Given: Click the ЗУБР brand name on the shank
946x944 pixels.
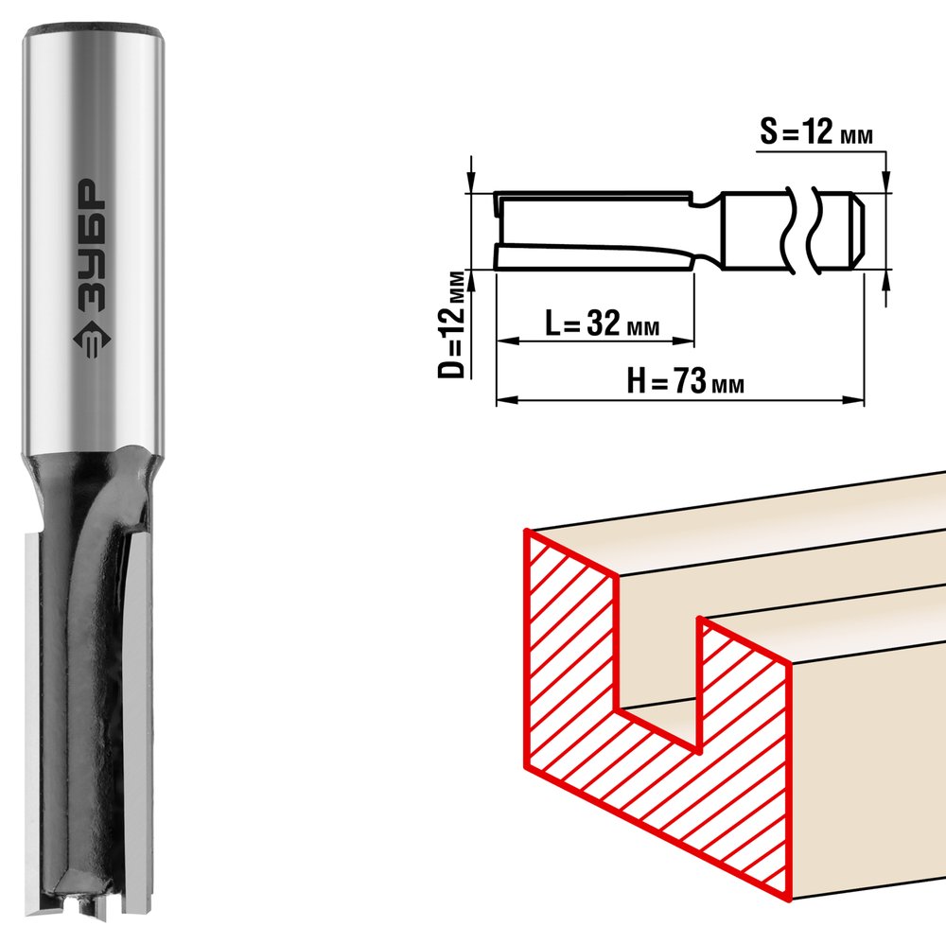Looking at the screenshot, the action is tap(92, 245).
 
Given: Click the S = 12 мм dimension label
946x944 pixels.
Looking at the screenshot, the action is tap(816, 132).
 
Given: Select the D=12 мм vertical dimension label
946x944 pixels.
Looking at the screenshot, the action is tap(452, 324).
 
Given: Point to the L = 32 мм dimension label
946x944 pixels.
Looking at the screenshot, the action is tap(602, 323).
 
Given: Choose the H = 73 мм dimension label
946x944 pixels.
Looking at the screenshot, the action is tap(685, 380).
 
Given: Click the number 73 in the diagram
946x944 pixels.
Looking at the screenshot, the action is tap(689, 380).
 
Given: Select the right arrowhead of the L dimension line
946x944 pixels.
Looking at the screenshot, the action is tap(684, 341).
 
